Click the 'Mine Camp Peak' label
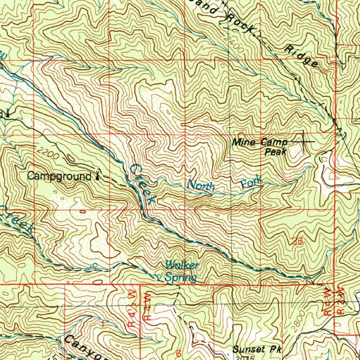[x=260, y=147]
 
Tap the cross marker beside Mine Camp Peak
[x=303, y=141]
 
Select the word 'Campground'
[x=59, y=176]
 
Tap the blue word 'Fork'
[x=252, y=182]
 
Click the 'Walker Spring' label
[x=182, y=271]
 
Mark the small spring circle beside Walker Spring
[x=159, y=277]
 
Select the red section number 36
[x=297, y=242]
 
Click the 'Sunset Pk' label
[x=257, y=349]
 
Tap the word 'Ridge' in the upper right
[x=302, y=56]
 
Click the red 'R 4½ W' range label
[x=132, y=310]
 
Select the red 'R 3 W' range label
[x=340, y=302]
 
